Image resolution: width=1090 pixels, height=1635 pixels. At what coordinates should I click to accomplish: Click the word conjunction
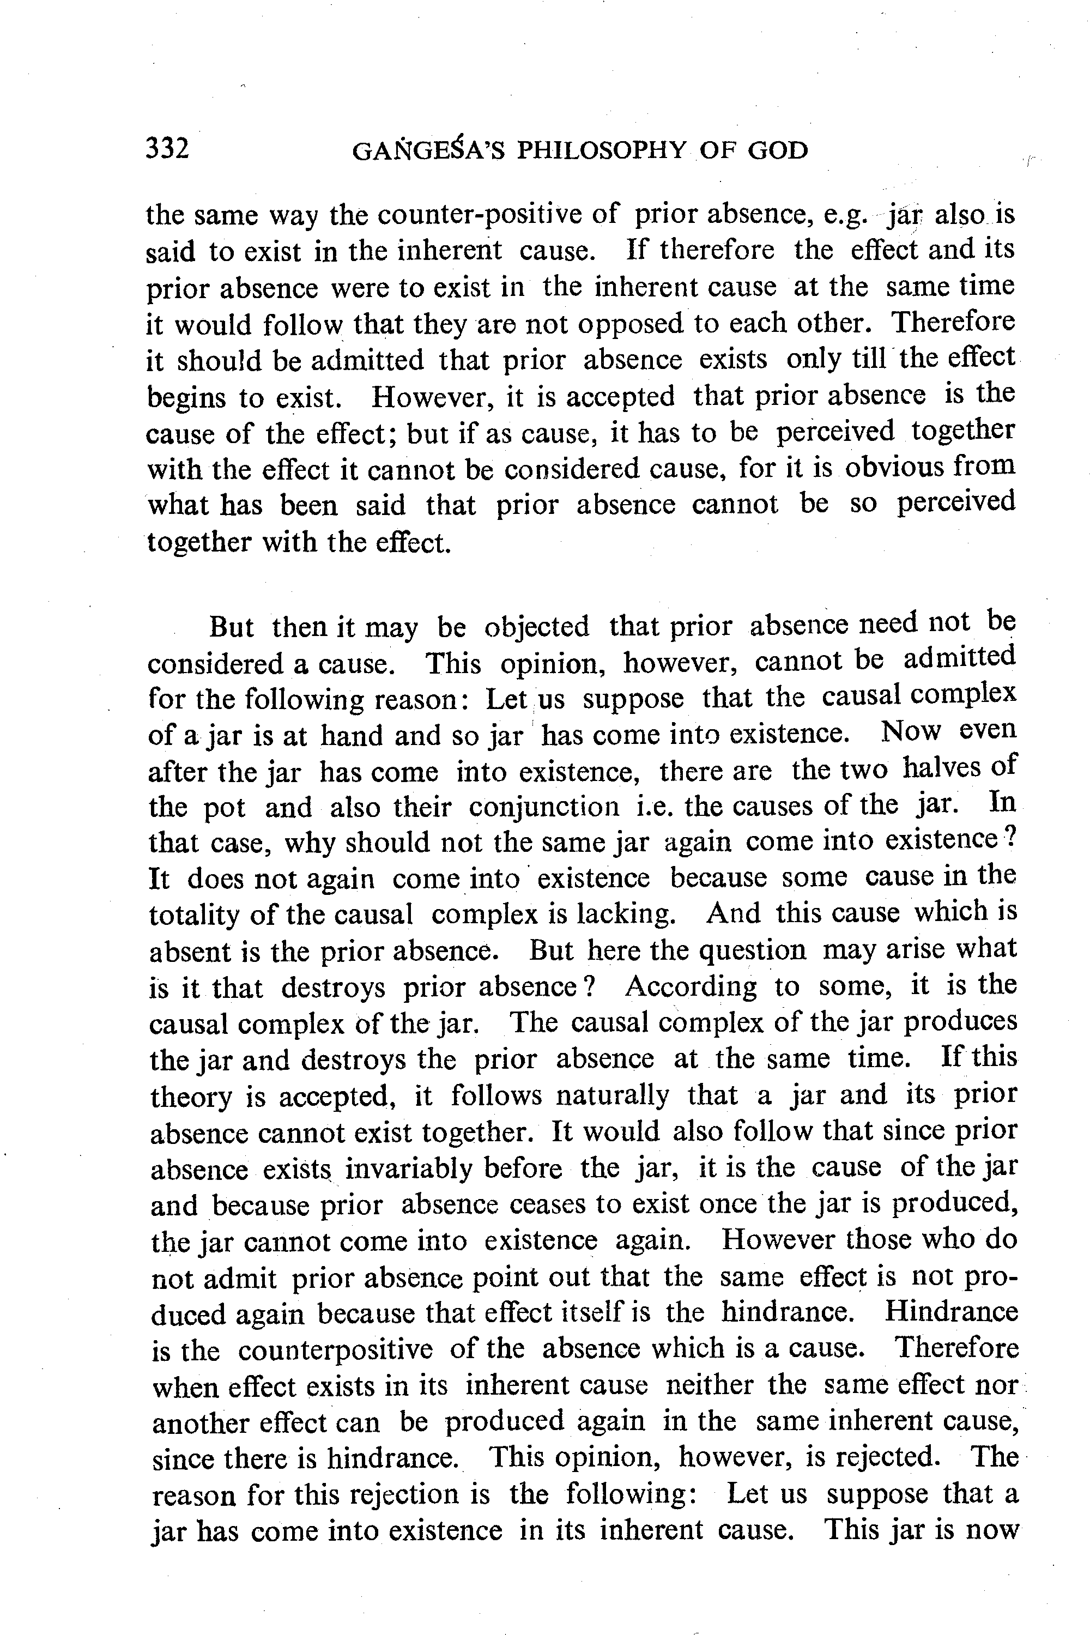(543, 807)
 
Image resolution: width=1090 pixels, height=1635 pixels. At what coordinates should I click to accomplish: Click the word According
(691, 986)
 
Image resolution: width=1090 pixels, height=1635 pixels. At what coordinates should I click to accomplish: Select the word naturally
(613, 1095)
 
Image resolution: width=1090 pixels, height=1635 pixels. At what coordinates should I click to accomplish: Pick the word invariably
(453, 1168)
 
